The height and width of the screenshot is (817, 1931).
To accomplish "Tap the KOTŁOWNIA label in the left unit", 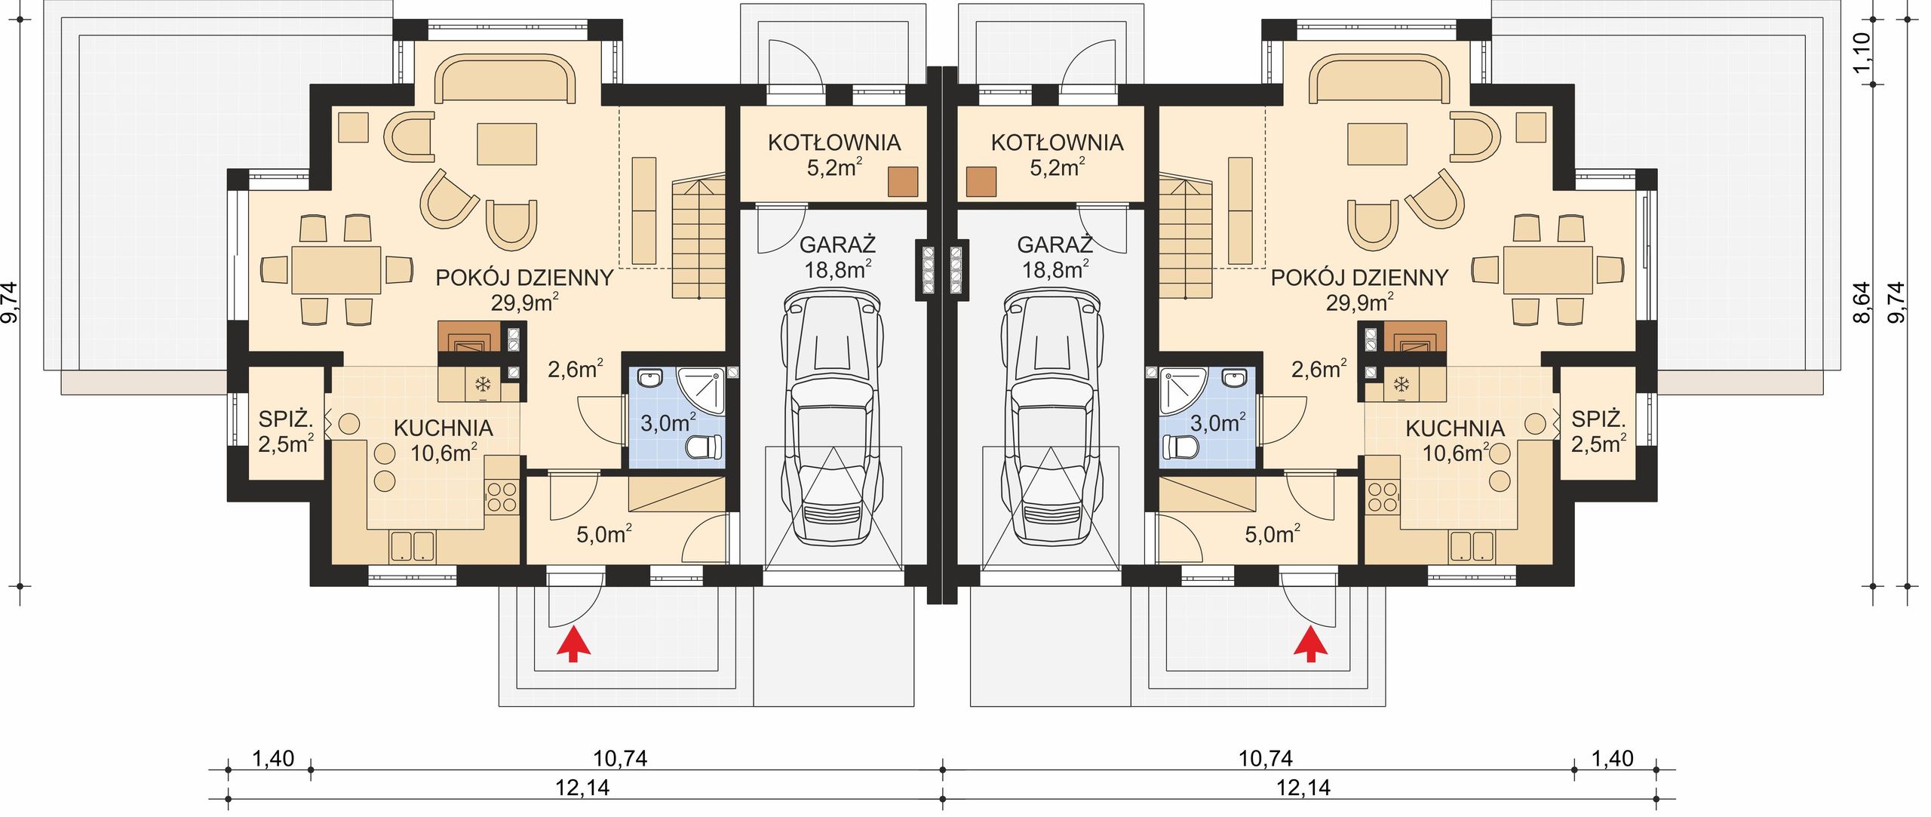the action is click(834, 143).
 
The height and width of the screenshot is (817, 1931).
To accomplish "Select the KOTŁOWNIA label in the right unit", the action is click(1057, 143).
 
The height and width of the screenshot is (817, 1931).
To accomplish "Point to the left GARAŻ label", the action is click(837, 244).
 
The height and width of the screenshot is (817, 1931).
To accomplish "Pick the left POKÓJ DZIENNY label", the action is click(524, 278).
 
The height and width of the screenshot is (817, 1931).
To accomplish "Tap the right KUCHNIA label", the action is click(1455, 428).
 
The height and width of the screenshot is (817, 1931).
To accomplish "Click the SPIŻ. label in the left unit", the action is click(285, 419).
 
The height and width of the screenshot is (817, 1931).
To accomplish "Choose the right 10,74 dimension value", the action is click(1266, 757).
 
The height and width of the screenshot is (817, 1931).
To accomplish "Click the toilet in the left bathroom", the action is click(705, 447).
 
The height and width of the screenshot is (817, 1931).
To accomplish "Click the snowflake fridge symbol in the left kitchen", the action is click(482, 385).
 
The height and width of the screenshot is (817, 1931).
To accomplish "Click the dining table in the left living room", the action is click(336, 269).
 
